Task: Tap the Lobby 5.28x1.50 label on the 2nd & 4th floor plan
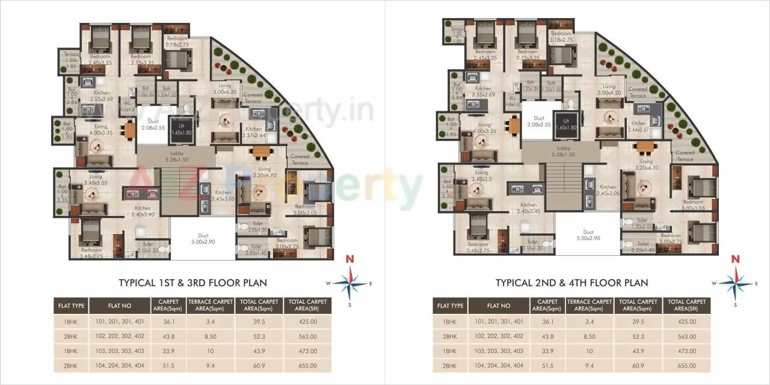(x=563, y=151)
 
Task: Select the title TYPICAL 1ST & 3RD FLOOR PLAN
(x=192, y=283)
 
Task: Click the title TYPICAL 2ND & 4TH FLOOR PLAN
(x=571, y=283)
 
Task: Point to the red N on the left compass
(x=348, y=260)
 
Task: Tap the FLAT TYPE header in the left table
(x=72, y=306)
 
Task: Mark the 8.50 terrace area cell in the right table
(x=589, y=336)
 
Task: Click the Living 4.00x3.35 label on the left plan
(x=100, y=130)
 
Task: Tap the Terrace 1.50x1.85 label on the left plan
(x=71, y=60)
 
